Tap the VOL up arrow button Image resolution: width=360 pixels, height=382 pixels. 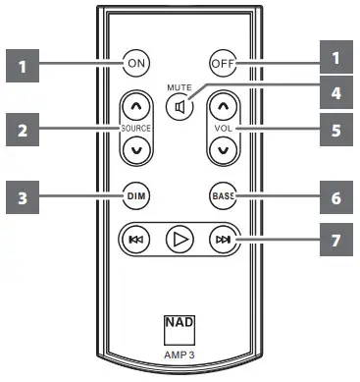coord(224,106)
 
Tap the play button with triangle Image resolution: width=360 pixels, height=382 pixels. coord(180,238)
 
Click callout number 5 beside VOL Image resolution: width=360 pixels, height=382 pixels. coord(335,128)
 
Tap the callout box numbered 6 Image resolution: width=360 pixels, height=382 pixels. coord(335,196)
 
